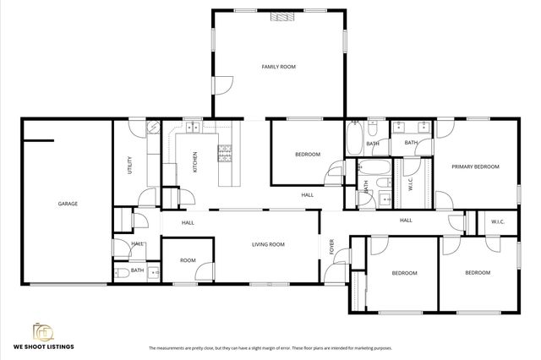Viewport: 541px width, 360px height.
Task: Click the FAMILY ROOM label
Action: click(x=278, y=66)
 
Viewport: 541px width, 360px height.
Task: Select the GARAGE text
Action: click(x=68, y=204)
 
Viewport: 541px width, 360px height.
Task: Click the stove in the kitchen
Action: click(x=225, y=153)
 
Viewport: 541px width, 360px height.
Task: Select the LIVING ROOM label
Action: click(x=268, y=244)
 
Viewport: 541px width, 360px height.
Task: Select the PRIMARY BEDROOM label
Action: click(x=474, y=166)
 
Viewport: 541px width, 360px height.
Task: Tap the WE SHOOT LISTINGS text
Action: click(x=43, y=346)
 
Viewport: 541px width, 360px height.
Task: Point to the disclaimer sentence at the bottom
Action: click(x=270, y=348)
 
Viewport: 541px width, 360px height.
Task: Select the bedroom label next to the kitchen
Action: click(x=307, y=154)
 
